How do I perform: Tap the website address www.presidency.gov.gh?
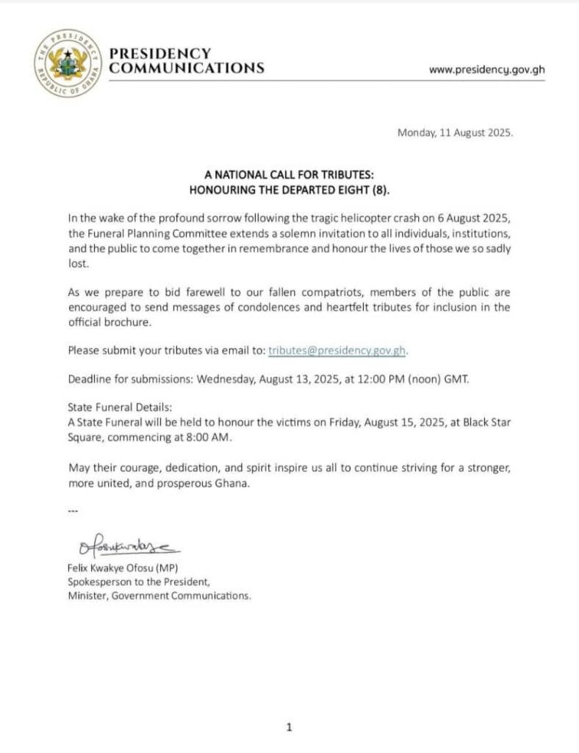click(x=486, y=70)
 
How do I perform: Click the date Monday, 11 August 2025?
click(x=455, y=134)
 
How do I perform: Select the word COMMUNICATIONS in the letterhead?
click(x=186, y=68)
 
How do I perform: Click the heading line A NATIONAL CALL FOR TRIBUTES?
click(x=289, y=176)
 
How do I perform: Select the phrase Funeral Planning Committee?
click(x=151, y=232)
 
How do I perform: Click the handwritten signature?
click(x=125, y=547)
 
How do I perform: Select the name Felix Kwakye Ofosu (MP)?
click(x=123, y=568)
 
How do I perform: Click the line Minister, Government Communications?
click(x=159, y=596)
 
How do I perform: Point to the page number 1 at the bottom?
click(x=289, y=727)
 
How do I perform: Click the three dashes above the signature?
click(x=72, y=510)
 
